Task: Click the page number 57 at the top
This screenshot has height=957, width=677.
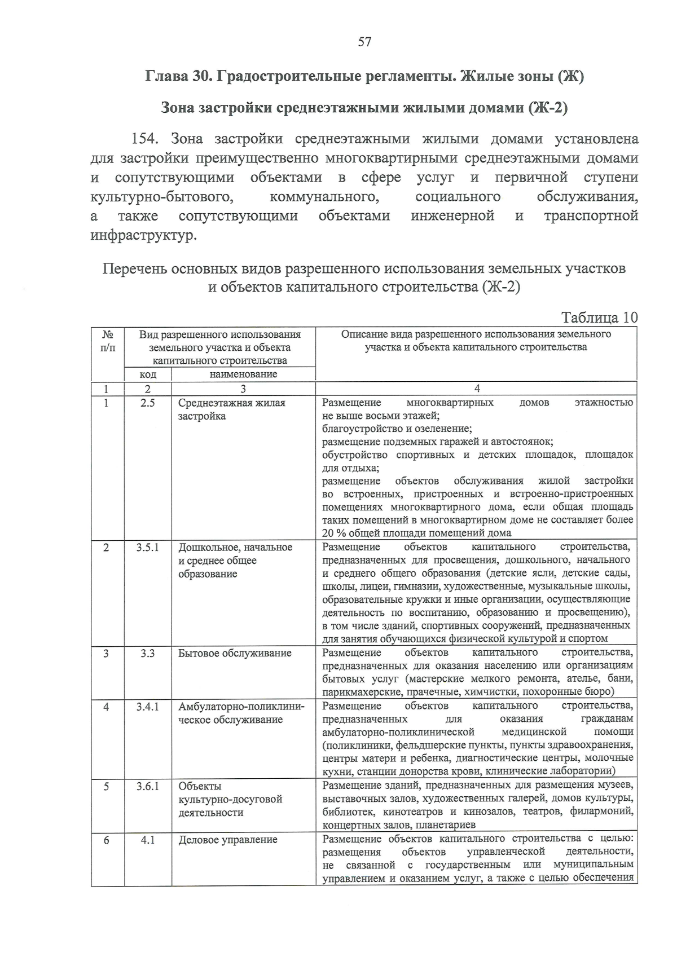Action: (364, 42)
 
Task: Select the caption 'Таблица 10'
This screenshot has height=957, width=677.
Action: (599, 317)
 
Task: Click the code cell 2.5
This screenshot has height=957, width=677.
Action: (147, 403)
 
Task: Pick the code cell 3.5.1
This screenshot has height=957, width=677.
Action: (147, 547)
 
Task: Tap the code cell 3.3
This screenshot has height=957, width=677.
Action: (147, 652)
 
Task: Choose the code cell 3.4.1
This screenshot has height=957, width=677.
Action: (147, 706)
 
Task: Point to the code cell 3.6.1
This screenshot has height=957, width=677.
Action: (147, 786)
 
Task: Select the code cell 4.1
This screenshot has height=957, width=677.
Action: (147, 840)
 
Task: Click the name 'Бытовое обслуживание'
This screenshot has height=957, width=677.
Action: (235, 653)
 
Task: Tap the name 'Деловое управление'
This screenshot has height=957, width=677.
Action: (228, 840)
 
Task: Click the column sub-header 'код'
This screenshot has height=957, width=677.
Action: (148, 374)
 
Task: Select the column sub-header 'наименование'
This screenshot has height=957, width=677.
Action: (243, 374)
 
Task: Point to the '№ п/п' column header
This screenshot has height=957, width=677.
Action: (107, 341)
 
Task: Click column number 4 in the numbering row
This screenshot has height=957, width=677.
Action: (477, 389)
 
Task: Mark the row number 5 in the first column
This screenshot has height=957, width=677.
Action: (107, 786)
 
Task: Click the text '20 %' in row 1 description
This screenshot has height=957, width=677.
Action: (333, 533)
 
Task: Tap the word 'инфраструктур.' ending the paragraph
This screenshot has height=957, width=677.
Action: (144, 235)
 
